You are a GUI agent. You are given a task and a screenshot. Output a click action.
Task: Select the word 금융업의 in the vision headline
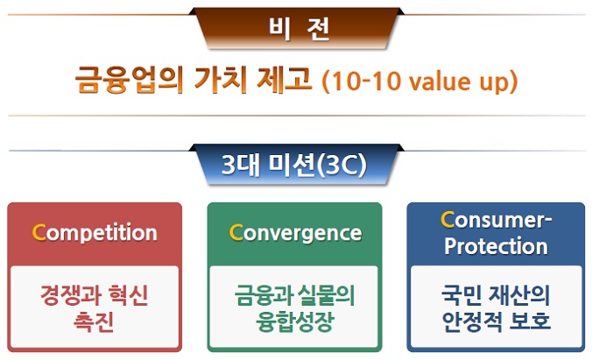coord(129,80)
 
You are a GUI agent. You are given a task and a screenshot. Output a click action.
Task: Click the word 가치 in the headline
coord(221,80)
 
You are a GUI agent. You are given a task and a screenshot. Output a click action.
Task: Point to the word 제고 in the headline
coord(285,80)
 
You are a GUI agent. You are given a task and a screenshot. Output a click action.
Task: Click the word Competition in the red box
coord(95,233)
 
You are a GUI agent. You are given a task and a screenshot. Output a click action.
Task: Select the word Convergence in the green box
coord(295,233)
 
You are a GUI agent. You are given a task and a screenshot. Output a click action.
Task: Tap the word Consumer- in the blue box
coord(496,220)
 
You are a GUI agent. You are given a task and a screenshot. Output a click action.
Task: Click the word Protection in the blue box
coord(496,246)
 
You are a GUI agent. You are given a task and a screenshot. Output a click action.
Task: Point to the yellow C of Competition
coord(39,232)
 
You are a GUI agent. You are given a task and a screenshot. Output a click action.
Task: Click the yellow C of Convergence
coord(236,233)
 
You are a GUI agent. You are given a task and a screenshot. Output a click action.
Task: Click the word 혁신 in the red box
coord(128,295)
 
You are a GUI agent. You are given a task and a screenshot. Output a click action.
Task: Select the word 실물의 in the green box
coord(326,295)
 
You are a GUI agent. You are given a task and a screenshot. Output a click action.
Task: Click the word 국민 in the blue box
coord(462,295)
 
